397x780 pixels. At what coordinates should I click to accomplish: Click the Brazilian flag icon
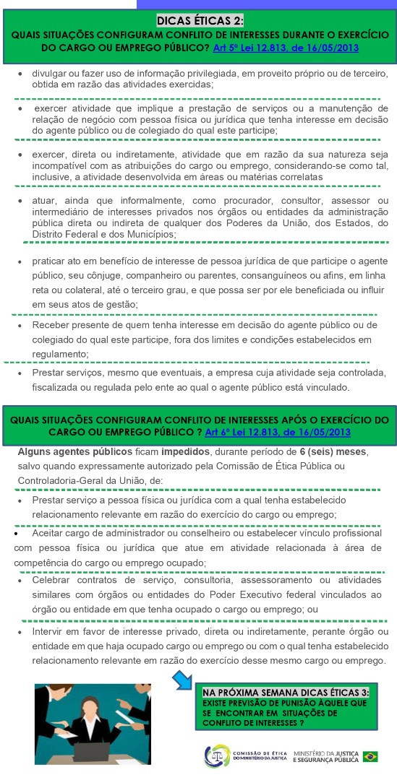tap(370, 756)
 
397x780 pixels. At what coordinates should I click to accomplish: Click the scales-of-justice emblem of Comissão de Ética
tap(215, 756)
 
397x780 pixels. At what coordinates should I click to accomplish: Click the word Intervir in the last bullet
tap(50, 632)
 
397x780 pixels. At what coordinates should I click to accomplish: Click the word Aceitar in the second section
tap(51, 532)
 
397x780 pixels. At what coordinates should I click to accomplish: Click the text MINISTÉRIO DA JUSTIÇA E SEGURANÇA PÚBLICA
tap(325, 756)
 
